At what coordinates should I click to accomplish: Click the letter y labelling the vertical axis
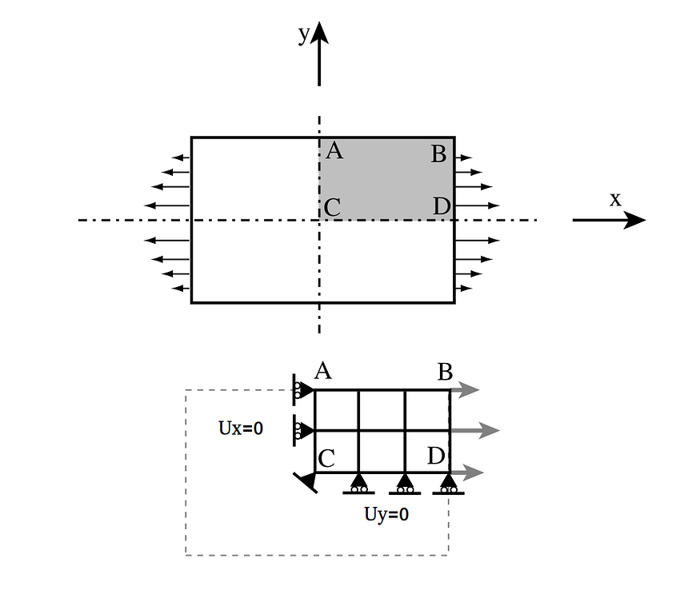coord(303,34)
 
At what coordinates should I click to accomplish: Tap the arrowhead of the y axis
coord(320,33)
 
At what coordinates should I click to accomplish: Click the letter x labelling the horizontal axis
coord(615,199)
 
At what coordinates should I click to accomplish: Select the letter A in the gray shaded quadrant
coord(334,150)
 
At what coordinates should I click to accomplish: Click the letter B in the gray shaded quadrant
coord(438,153)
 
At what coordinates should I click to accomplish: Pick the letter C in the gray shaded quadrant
coord(332,208)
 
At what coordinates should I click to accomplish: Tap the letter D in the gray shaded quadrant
coord(441,207)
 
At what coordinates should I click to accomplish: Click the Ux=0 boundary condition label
coord(241,429)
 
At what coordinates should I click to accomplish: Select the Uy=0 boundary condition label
coord(386,515)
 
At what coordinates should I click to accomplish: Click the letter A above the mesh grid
coord(323,370)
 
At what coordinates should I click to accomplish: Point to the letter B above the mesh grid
coord(446,373)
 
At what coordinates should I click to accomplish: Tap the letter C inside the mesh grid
coord(326,459)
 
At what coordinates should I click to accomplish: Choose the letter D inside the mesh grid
coord(436,456)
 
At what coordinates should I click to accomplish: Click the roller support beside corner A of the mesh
coord(302,390)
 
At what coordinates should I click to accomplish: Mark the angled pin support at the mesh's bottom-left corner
coord(306,481)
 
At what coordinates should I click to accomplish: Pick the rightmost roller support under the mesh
coord(448,484)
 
